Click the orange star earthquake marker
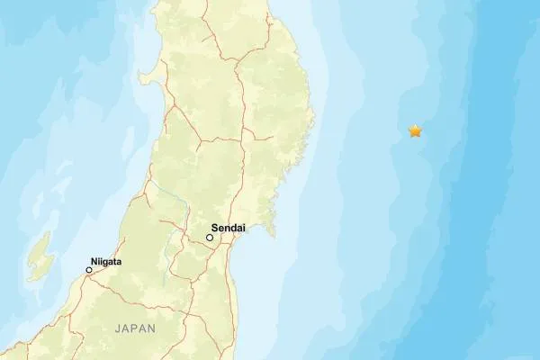point(415,131)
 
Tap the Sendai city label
point(229,229)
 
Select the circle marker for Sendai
point(210,238)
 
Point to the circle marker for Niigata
point(89,270)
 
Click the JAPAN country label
point(135,329)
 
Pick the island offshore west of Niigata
point(40,256)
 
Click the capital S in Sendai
point(214,229)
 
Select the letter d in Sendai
point(233,229)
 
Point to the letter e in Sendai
point(220,229)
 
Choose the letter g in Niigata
point(106,263)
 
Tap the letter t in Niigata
point(114,262)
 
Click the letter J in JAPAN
point(117,329)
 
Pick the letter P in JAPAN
point(135,329)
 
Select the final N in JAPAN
point(152,329)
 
